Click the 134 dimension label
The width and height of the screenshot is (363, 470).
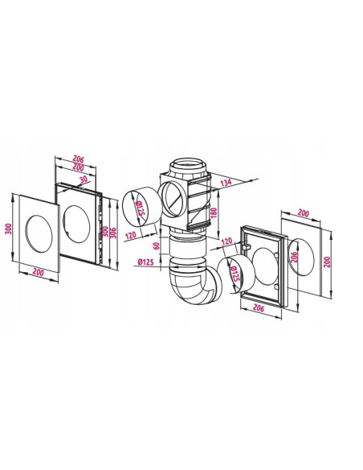pos(226,182)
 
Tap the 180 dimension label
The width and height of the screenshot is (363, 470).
pos(214,212)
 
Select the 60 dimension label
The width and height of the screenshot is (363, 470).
pos(157,245)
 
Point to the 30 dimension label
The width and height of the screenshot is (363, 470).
pos(84,179)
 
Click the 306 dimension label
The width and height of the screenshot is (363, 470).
pos(113,232)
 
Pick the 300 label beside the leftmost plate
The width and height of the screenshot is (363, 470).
pos(9,229)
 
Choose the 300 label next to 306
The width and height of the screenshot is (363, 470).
pos(105,231)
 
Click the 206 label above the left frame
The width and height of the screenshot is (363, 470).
pos(79,159)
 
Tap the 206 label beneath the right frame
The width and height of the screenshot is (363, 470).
pos(259,307)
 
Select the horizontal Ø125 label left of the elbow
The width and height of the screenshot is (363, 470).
pos(146,262)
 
